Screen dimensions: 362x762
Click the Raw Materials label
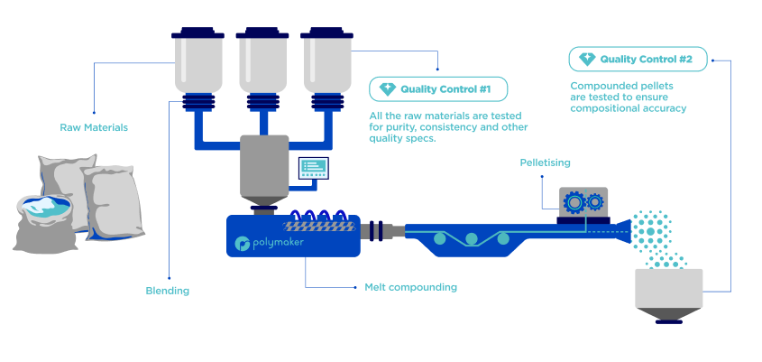pos(94,127)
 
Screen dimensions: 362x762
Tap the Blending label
pos(167,291)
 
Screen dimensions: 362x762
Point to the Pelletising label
pos(545,162)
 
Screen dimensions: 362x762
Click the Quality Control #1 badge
pos(438,89)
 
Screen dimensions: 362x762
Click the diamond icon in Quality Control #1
pos(388,89)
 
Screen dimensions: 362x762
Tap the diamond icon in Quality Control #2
pos(587,60)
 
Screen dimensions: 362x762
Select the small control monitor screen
pos(314,167)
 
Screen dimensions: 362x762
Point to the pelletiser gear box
pos(583,201)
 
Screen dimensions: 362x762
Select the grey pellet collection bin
pos(669,290)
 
